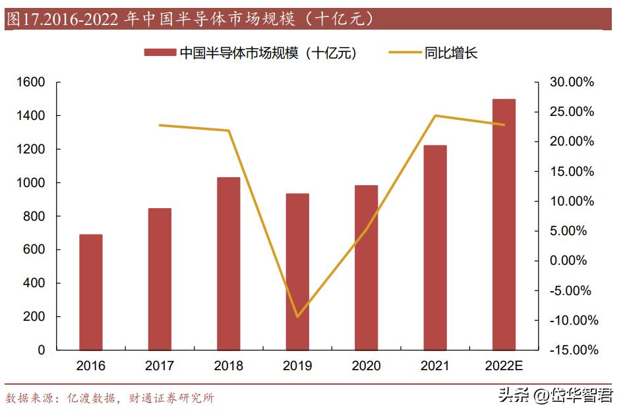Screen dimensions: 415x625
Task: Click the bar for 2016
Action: coord(91,292)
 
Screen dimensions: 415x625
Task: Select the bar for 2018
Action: coord(229,263)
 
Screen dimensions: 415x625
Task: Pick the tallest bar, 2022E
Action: coord(504,224)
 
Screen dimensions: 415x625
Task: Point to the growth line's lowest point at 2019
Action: coord(297,317)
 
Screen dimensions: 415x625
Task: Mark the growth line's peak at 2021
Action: coord(435,116)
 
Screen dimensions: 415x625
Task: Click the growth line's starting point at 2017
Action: coord(160,125)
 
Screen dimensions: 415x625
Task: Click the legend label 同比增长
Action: coord(450,53)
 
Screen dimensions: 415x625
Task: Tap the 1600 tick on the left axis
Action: coord(32,82)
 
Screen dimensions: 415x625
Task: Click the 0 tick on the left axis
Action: coord(42,350)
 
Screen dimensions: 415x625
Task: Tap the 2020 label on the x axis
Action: coord(366,366)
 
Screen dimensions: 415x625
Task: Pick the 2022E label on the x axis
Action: coord(504,366)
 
